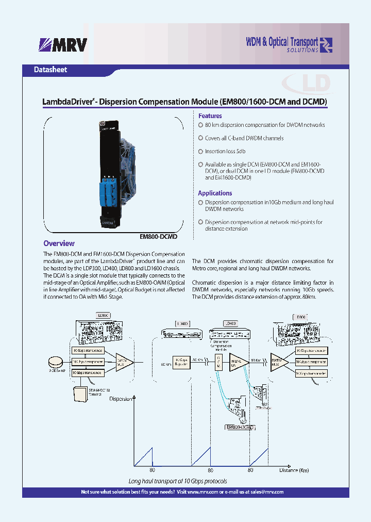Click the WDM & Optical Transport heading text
[x=282, y=41]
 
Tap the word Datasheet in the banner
[x=50, y=70]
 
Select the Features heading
[x=210, y=116]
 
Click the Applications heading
[x=215, y=193]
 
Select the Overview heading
[x=59, y=243]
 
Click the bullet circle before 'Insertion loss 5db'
[x=201, y=152]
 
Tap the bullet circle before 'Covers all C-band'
[x=201, y=138]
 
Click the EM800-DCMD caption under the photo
[x=158, y=236]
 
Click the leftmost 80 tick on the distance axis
[x=153, y=470]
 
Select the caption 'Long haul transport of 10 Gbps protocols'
[x=178, y=481]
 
